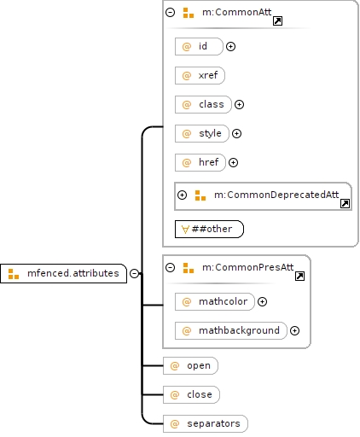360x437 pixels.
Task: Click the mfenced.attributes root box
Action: click(63, 273)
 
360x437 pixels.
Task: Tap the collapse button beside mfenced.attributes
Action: click(134, 273)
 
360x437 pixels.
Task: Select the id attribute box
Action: click(199, 46)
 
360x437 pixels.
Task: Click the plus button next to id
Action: click(230, 46)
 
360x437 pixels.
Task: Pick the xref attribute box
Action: click(200, 75)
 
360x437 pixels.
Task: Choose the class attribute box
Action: click(203, 104)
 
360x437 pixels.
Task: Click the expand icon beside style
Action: click(236, 133)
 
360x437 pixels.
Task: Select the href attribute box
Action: click(200, 162)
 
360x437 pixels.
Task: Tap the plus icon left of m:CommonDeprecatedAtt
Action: click(182, 195)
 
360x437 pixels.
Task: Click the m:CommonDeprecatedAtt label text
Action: click(276, 195)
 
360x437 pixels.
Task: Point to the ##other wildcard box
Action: click(209, 229)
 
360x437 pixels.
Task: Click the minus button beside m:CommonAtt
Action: click(170, 12)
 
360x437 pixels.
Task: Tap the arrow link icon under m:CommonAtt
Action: click(277, 21)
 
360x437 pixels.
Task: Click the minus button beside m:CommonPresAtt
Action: click(170, 267)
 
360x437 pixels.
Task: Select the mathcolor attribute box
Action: click(215, 301)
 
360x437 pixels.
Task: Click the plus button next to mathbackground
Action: click(294, 330)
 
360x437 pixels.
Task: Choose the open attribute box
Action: click(190, 365)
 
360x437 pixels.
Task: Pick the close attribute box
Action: click(191, 394)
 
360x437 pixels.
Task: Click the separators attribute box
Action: click(206, 423)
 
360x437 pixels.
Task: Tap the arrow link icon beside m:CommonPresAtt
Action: click(299, 276)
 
